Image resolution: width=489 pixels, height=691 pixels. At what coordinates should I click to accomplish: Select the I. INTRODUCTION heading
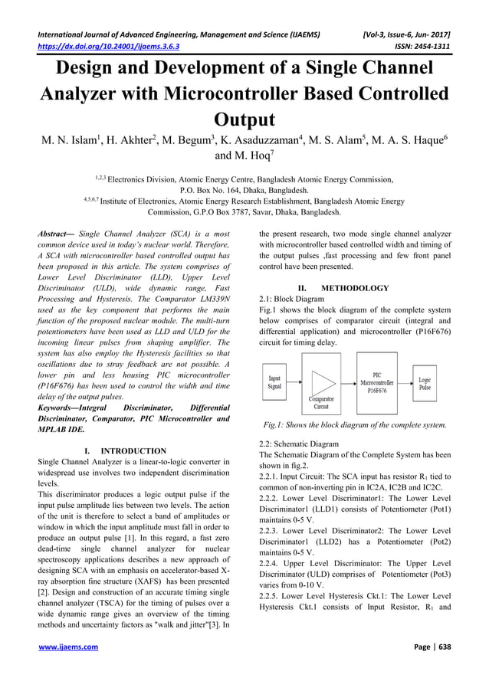[122, 451]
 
